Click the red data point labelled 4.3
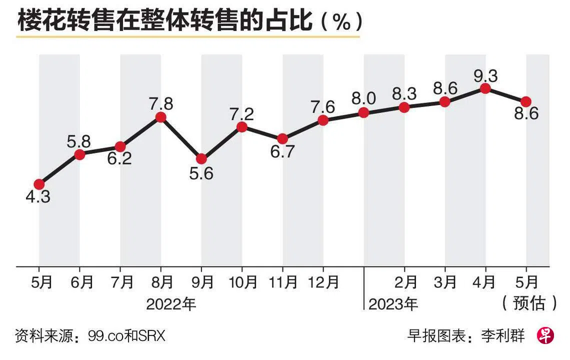tap(39, 184)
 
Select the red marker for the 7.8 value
tap(160, 117)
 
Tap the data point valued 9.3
tap(484, 88)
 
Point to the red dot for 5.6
tap(201, 158)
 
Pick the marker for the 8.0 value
tap(363, 112)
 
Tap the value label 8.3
tap(404, 94)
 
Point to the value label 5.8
tap(79, 141)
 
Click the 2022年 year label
tap(171, 303)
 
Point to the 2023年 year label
tap(393, 303)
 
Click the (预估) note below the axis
tap(528, 302)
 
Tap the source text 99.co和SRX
tap(126, 336)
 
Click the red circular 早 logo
tap(545, 335)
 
